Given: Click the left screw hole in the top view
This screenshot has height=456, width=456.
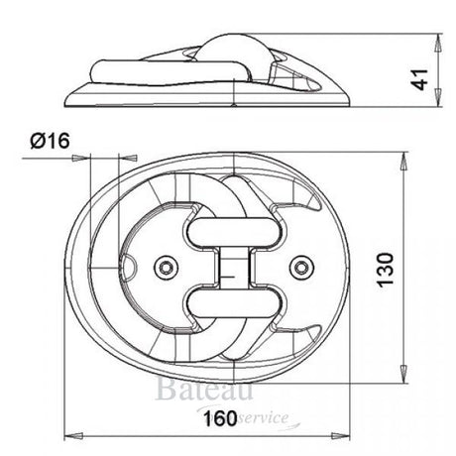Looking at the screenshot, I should point(167,266).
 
